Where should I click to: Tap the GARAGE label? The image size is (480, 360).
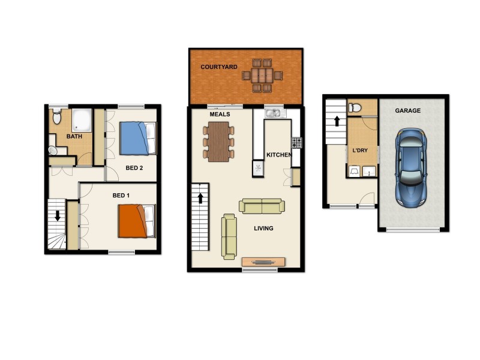point(407,111)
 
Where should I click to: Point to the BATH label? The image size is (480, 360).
point(74,137)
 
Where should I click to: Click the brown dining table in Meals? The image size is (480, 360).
point(219,142)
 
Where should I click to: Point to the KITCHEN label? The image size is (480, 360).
point(278,155)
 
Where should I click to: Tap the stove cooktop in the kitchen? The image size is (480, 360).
point(296,142)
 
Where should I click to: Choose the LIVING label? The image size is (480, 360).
point(263,229)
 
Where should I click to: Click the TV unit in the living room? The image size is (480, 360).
point(263,262)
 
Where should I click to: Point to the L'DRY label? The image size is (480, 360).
point(359,149)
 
